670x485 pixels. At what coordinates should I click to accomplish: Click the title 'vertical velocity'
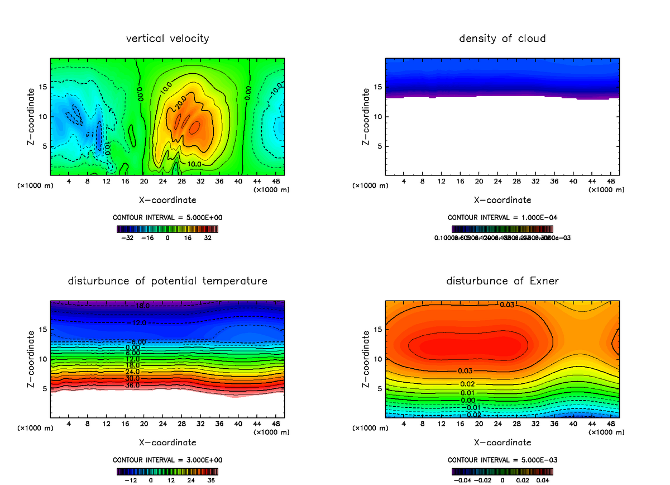coord(167,39)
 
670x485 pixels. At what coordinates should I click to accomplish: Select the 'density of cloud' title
coord(502,39)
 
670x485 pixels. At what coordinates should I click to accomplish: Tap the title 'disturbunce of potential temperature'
coord(167,280)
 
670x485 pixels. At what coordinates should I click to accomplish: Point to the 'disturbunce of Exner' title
coord(502,280)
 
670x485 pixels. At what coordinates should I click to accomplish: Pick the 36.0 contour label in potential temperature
coord(132,386)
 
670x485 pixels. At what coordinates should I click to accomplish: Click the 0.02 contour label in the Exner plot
coord(467,384)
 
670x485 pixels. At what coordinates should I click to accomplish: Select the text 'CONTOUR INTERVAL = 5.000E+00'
coord(167,217)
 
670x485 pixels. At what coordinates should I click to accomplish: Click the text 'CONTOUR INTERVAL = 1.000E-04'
coord(502,217)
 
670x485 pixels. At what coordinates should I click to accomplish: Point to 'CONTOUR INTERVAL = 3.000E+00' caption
coord(167,460)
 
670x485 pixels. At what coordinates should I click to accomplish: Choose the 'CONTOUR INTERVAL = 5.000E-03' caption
coord(502,460)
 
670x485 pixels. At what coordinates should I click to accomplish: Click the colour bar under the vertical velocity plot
coord(167,229)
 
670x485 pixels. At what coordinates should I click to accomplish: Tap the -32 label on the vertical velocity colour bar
coord(128,237)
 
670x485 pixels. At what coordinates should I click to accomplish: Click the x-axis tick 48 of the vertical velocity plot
coord(275,182)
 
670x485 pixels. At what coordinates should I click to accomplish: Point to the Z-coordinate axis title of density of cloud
coord(366,117)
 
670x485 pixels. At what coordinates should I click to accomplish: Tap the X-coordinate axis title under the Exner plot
coord(502,443)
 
